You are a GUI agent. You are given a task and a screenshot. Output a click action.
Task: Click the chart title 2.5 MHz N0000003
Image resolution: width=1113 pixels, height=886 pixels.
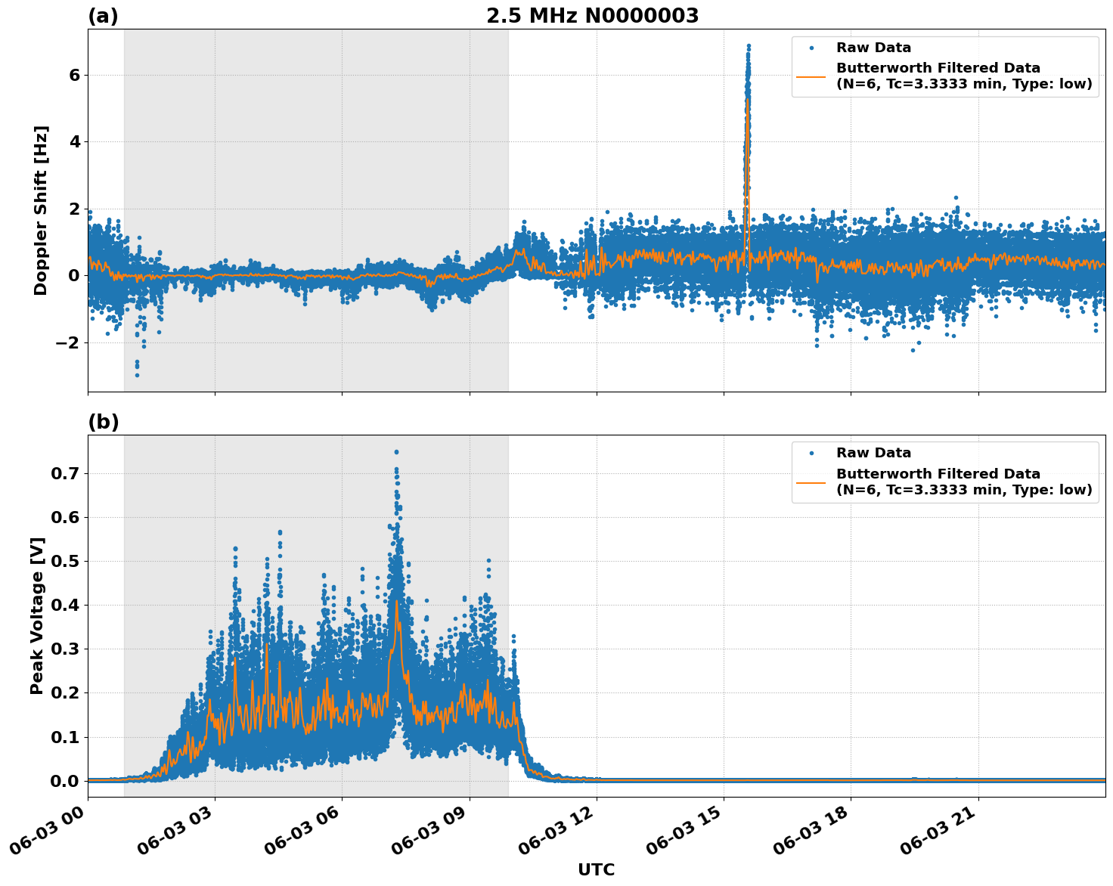[592, 16]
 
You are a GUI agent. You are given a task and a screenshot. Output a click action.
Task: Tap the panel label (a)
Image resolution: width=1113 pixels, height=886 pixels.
[103, 16]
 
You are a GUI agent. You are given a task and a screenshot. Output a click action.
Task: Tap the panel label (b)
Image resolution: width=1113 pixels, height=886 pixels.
[103, 422]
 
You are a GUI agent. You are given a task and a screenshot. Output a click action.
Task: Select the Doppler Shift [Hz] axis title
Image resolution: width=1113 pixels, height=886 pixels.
[41, 210]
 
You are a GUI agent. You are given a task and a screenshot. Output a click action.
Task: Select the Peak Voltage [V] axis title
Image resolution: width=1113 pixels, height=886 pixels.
[37, 615]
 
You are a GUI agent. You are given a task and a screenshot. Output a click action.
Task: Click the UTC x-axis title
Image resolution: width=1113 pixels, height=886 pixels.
[596, 869]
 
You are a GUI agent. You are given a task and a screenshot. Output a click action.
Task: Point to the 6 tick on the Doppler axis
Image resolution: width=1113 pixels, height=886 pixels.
[74, 75]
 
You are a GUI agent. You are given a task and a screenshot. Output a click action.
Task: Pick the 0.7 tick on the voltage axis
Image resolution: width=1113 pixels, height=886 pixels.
[66, 474]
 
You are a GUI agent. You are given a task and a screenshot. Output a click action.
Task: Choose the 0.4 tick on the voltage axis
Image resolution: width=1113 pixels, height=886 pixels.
[66, 605]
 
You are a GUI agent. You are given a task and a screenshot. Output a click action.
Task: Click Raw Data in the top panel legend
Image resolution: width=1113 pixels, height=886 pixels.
[873, 48]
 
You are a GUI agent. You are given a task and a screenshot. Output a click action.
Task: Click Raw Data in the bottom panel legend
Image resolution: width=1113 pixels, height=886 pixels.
[873, 453]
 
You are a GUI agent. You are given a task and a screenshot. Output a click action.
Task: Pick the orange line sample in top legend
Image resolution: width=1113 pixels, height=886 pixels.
[811, 76]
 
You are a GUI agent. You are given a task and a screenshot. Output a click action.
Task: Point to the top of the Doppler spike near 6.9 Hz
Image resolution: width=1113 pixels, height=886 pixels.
[749, 46]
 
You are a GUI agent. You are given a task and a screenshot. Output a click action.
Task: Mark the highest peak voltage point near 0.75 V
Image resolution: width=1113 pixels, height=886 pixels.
[395, 452]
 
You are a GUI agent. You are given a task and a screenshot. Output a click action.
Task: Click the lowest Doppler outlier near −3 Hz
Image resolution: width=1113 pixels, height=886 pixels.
[137, 375]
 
